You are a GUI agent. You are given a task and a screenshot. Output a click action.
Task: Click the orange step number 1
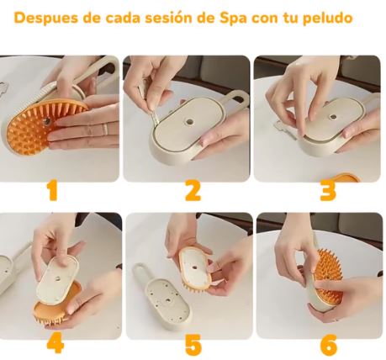53,191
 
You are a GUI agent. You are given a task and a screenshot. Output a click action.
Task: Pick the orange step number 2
193,191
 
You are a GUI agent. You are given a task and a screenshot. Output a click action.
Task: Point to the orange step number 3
328,191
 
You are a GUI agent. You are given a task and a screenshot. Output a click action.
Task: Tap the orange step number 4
56,343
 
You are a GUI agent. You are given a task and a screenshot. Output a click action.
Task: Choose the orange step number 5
193,344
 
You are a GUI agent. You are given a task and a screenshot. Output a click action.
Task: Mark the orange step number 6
328,344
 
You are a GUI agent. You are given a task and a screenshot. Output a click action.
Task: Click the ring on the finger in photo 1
104,130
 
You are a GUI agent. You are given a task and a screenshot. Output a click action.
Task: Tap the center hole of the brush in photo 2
190,122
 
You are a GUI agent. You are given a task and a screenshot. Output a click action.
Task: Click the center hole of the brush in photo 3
333,117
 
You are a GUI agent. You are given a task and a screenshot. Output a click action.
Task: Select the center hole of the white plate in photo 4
58,278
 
